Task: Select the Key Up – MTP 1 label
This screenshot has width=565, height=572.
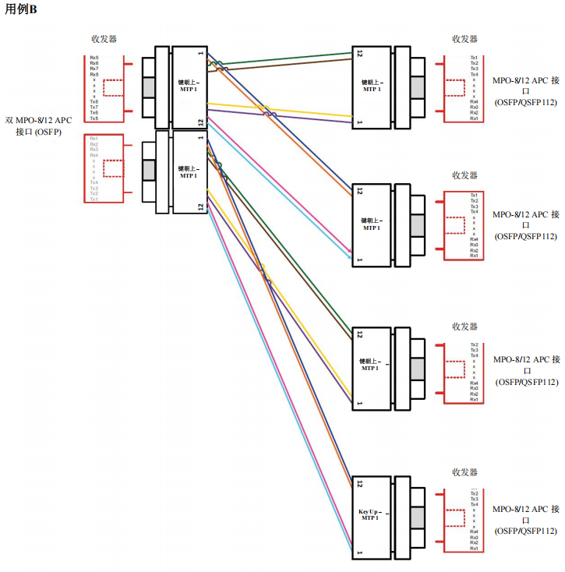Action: coord(369,514)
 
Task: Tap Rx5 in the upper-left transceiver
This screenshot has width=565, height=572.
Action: coord(94,58)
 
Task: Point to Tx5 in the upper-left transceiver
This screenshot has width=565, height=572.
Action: coord(94,118)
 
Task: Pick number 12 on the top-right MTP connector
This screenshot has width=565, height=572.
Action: coord(359,54)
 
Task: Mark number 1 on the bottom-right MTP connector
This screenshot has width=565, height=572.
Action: coord(359,553)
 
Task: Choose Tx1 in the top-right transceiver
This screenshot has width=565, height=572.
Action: coord(474,58)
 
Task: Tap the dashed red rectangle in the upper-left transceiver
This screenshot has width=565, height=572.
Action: coord(114,87)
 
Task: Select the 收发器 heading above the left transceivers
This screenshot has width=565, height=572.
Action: coord(104,39)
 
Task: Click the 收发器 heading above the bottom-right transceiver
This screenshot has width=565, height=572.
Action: coord(464,472)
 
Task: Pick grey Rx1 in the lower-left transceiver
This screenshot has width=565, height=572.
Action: coord(94,139)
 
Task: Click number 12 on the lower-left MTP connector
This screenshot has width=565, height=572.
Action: coord(201,207)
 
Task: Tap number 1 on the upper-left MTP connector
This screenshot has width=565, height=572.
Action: coord(201,54)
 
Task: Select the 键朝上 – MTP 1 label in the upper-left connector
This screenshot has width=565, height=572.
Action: coord(189,85)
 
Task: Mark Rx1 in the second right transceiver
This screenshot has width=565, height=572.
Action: coord(474,256)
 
